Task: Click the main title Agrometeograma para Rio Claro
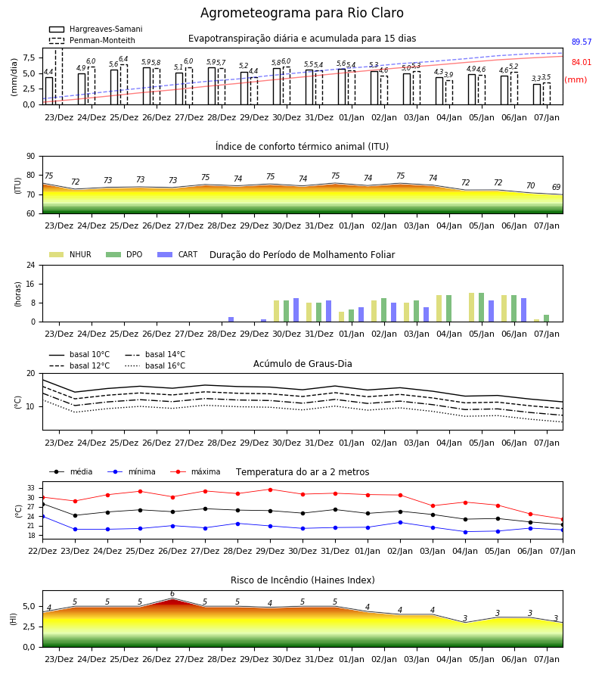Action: [302, 13]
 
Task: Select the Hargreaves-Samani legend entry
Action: [96, 29]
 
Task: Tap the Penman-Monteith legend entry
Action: [92, 40]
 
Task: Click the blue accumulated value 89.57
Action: [582, 42]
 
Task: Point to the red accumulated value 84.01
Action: [582, 63]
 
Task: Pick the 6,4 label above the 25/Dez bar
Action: [123, 59]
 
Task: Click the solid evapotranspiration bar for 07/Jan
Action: [537, 95]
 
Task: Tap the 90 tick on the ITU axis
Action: [31, 157]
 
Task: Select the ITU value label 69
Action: [557, 187]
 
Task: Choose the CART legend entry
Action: [178, 254]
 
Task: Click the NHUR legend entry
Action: [70, 254]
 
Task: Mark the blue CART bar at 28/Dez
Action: [231, 319]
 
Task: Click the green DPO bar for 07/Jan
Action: [547, 319]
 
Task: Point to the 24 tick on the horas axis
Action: [31, 265]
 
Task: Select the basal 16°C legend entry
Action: [155, 365]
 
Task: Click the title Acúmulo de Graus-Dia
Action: [302, 364]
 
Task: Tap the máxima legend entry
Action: [195, 471]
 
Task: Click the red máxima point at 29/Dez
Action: [271, 490]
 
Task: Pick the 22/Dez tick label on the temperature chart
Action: [42, 551]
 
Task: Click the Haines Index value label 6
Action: [172, 594]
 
